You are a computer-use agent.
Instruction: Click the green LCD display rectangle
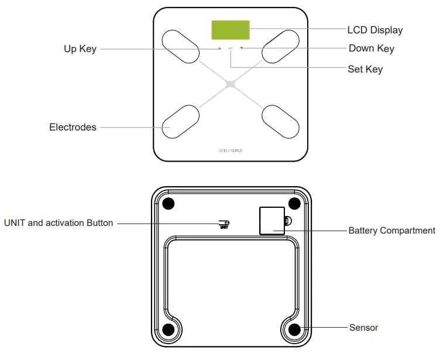pyautogui.click(x=230, y=30)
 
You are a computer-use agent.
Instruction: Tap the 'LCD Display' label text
pyautogui.click(x=374, y=30)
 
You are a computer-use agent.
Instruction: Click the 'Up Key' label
pyautogui.click(x=80, y=49)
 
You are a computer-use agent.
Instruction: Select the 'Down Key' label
pyautogui.click(x=371, y=49)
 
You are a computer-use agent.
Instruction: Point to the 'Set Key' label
pyautogui.click(x=365, y=69)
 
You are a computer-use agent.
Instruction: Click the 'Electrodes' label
pyautogui.click(x=73, y=127)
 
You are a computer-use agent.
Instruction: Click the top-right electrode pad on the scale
pyautogui.click(x=280, y=46)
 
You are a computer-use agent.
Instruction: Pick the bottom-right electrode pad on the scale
pyautogui.click(x=280, y=122)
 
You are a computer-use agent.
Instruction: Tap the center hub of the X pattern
pyautogui.click(x=231, y=84)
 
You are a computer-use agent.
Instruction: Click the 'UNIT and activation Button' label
pyautogui.click(x=59, y=223)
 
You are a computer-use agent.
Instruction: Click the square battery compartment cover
pyautogui.click(x=272, y=221)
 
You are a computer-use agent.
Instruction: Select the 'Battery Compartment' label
pyautogui.click(x=391, y=231)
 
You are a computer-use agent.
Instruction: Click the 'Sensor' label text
pyautogui.click(x=363, y=328)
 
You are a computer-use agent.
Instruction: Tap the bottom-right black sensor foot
pyautogui.click(x=294, y=329)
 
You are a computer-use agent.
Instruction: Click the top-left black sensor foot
pyautogui.click(x=168, y=204)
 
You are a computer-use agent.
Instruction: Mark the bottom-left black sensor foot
pyautogui.click(x=168, y=329)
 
